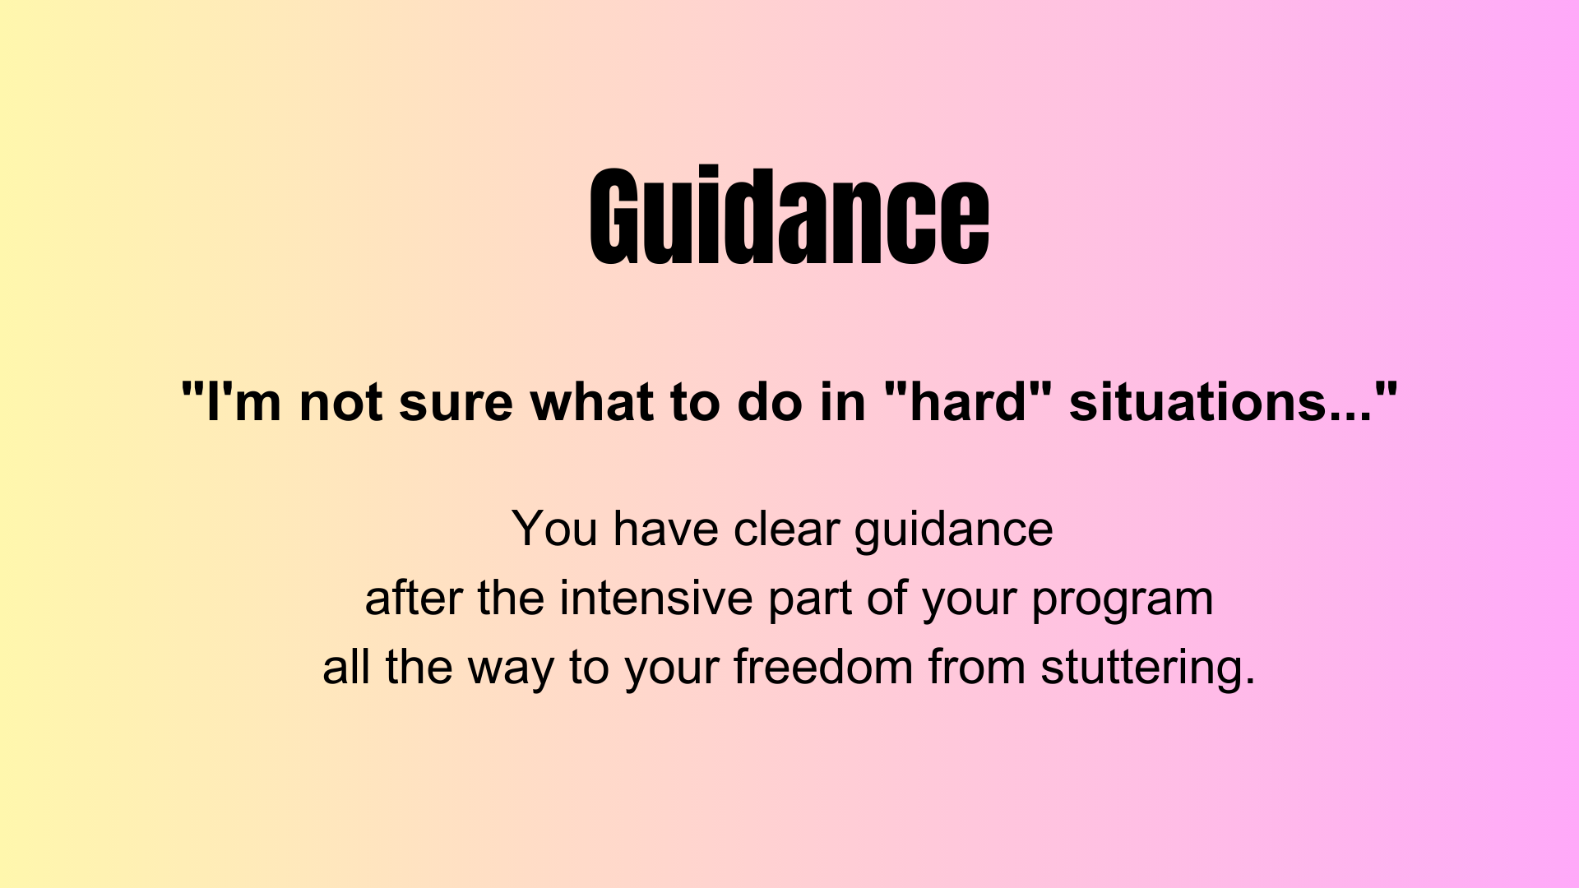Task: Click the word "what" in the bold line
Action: point(592,402)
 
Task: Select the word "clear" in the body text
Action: point(785,528)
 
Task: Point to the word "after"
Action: point(414,597)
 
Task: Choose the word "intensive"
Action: point(655,597)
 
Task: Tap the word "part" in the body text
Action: point(809,599)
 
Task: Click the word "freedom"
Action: point(823,666)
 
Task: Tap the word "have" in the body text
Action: point(665,528)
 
